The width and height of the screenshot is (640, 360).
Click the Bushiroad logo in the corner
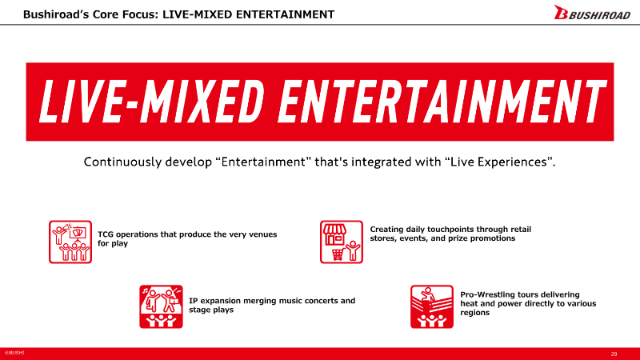592,13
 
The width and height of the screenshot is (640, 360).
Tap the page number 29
614,354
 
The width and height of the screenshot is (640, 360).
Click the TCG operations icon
70,242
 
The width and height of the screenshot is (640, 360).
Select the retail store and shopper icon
342,242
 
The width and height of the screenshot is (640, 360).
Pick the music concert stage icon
161,306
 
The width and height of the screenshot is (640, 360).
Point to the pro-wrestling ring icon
432,306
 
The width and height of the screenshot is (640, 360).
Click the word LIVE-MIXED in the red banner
151,102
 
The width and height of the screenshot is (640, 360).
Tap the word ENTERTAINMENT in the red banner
442,102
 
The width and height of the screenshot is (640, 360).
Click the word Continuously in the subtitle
123,162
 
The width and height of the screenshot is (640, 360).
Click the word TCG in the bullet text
106,234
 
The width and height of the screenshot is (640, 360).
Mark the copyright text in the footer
14,353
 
